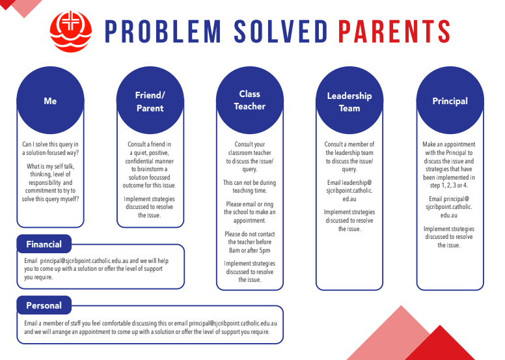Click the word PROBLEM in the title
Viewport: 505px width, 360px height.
coord(154,31)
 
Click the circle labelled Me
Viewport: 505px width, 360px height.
coord(50,101)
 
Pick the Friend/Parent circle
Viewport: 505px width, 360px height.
coord(150,101)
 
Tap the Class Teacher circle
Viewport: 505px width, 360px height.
coord(250,100)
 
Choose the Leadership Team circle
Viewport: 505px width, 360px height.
coord(349,102)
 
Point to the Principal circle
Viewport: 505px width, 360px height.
coord(450,101)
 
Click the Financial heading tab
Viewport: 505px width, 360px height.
coord(44,244)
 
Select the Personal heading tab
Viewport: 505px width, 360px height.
coord(44,305)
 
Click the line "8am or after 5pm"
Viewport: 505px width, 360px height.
coord(249,251)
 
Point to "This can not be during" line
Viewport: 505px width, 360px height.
coord(249,183)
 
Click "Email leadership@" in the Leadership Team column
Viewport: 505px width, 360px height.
coord(349,183)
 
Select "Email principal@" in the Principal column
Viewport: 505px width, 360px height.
coord(450,198)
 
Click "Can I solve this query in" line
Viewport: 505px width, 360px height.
coord(50,145)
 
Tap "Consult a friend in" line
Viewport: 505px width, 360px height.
coord(150,145)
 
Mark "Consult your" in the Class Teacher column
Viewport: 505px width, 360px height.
coord(249,145)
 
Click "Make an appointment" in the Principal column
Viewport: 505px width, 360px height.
coord(450,145)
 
